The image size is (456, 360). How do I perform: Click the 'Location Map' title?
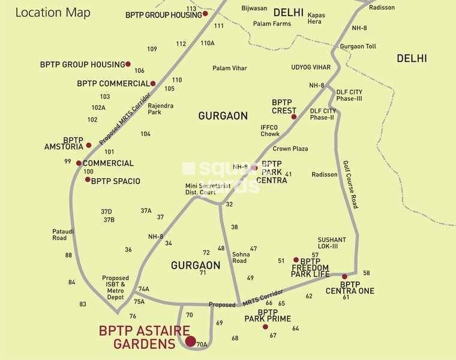click(x=53, y=13)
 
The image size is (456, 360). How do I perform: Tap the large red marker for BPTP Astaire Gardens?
click(x=190, y=341)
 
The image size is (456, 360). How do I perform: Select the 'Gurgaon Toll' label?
click(x=358, y=46)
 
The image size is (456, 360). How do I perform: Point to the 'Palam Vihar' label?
click(x=230, y=68)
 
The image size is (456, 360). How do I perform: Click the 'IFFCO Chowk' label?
click(x=270, y=130)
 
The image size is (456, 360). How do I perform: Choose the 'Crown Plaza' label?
click(x=290, y=148)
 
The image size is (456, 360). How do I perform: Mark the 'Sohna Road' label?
click(x=239, y=257)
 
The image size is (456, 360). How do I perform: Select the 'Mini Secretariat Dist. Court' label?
click(x=208, y=189)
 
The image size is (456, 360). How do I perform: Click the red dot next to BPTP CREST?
click(x=294, y=117)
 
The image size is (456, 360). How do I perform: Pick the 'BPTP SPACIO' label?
click(x=116, y=181)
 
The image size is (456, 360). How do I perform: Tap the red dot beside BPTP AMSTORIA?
click(x=89, y=145)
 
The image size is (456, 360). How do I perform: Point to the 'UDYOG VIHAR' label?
click(x=311, y=67)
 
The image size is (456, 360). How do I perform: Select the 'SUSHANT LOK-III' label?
click(x=332, y=243)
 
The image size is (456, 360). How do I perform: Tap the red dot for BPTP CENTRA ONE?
click(x=344, y=277)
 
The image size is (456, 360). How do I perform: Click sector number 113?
click(x=191, y=9)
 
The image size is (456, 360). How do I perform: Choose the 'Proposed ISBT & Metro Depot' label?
click(x=115, y=288)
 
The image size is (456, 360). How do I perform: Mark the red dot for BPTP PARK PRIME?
click(x=265, y=326)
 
